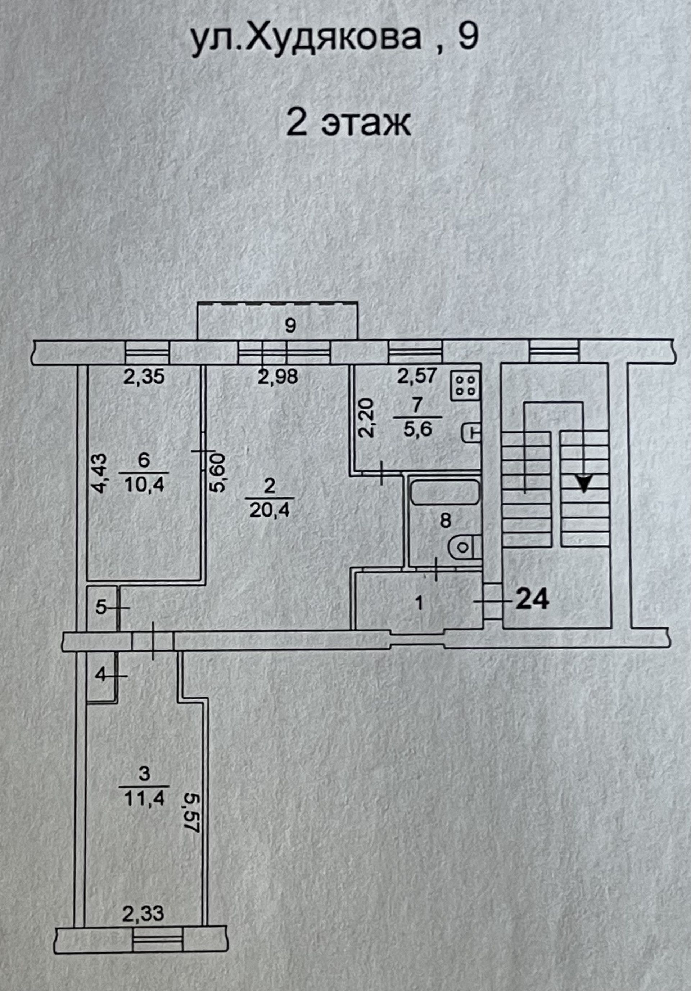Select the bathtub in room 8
click(x=444, y=492)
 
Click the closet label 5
click(x=100, y=608)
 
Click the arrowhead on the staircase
click(x=584, y=484)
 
